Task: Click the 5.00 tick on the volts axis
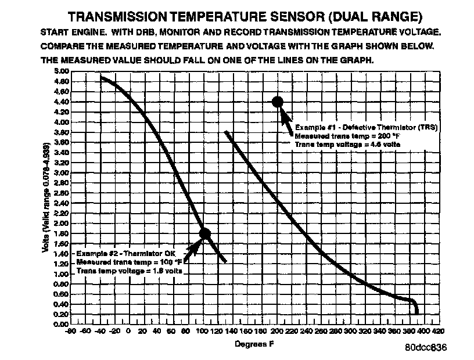[x=62, y=71]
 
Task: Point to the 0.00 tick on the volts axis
[x=62, y=324]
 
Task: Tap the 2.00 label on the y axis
[x=62, y=223]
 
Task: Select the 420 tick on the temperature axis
[x=437, y=332]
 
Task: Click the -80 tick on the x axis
[x=70, y=332]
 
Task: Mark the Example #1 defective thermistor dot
[x=278, y=102]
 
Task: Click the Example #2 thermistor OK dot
[x=204, y=233]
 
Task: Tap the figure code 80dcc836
[x=426, y=348]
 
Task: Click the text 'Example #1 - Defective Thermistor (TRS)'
[x=366, y=127]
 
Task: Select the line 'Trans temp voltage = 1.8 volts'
[x=130, y=271]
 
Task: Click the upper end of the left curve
[x=101, y=77]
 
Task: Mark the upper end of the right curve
[x=227, y=133]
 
